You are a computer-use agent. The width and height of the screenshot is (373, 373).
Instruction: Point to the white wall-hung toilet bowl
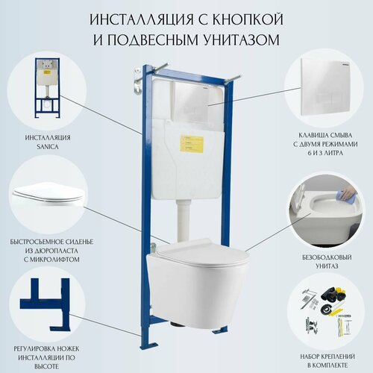point(196,283)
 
